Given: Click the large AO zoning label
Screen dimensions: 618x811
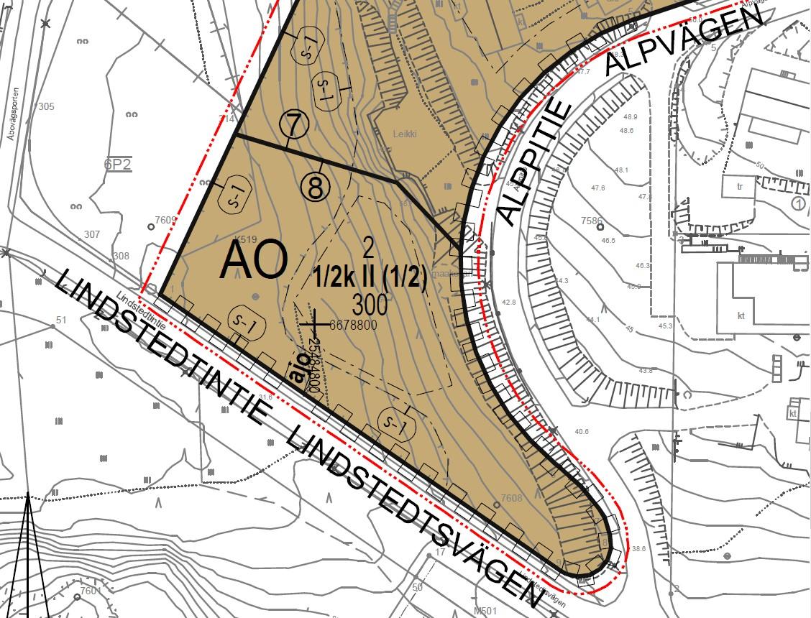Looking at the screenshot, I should point(255,260).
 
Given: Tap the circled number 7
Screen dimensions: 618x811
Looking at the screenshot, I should point(294,126).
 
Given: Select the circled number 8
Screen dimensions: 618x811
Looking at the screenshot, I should point(316,188).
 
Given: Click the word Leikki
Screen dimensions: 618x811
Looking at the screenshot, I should point(405,134).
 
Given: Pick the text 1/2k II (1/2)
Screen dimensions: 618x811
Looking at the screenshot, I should point(370,278).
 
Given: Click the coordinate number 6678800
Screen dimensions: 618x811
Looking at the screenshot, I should point(352,325).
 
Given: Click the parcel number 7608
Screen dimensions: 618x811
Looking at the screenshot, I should point(511,498).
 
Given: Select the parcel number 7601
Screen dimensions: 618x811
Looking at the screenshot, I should point(91,591).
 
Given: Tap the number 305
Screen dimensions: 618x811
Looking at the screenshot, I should point(46,107).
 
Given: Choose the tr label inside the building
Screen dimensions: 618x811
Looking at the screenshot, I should point(738,185).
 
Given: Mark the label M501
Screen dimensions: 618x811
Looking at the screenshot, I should point(486,612).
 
